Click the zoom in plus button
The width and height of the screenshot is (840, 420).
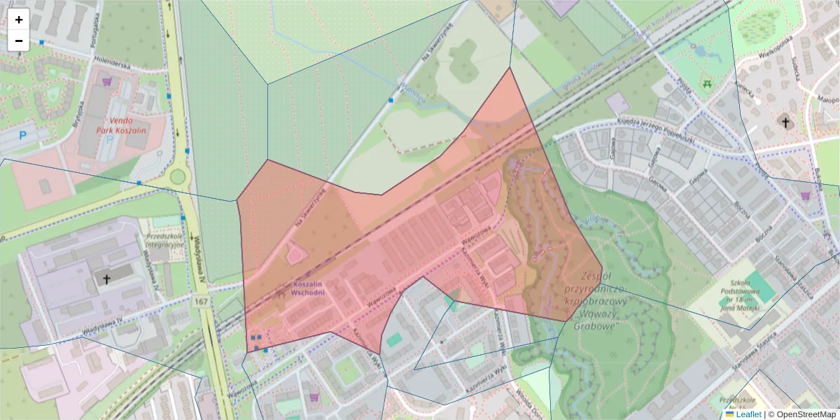point(19,20)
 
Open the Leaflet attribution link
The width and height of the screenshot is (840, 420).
point(743,414)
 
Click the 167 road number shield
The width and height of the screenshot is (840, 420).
point(202,302)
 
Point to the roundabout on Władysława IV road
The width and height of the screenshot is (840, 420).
point(178,176)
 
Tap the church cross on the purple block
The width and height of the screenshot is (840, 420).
point(106,279)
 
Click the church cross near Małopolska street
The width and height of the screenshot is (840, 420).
point(785,122)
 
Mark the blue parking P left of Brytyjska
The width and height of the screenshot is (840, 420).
point(24,135)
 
